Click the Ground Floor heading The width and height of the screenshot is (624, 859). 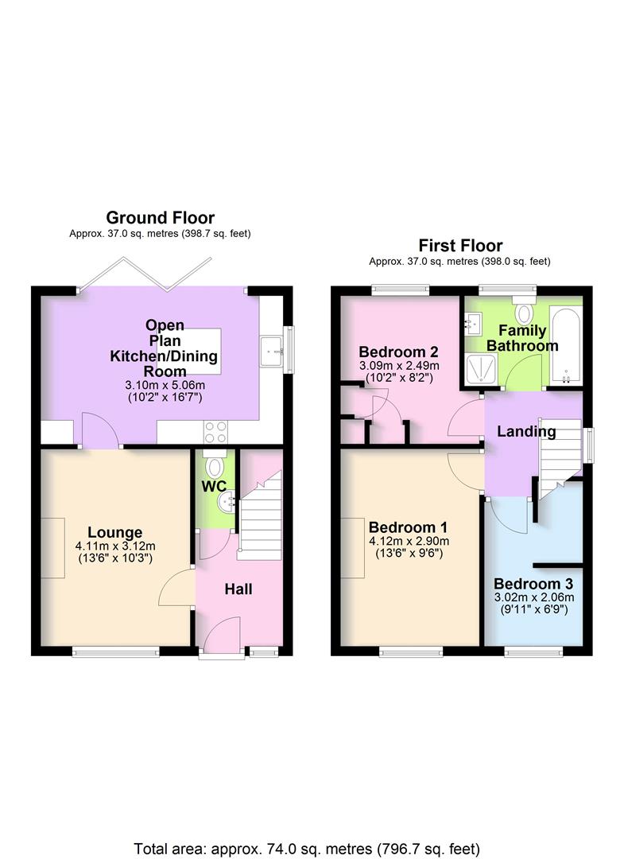tap(160, 217)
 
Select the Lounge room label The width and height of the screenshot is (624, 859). tap(115, 532)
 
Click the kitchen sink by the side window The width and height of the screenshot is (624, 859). tap(273, 348)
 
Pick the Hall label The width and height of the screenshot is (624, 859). tap(238, 589)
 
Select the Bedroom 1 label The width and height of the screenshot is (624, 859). tap(408, 527)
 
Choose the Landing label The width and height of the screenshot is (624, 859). tap(526, 431)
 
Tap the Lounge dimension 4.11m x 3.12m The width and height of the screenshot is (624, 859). tap(114, 546)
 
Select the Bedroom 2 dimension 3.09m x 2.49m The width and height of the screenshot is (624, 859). tap(399, 366)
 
